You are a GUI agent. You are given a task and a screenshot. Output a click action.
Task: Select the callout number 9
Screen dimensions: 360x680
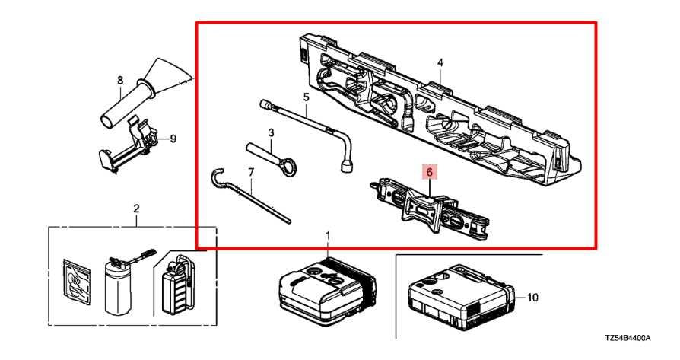[173, 139]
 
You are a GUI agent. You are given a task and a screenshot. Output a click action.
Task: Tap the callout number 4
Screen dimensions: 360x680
[440, 62]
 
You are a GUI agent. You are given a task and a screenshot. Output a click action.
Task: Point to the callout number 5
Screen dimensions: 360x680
[306, 97]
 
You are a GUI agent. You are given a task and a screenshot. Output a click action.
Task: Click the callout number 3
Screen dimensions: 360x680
[270, 133]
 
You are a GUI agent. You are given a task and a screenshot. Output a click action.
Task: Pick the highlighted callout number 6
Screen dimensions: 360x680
[429, 173]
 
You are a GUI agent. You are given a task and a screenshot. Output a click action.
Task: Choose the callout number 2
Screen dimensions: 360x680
[136, 209]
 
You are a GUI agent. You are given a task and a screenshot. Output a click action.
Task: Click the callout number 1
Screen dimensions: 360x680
[328, 236]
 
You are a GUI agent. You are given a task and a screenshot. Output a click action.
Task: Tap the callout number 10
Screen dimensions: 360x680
[532, 298]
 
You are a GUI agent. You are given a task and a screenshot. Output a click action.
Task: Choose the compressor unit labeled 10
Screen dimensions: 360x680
[461, 298]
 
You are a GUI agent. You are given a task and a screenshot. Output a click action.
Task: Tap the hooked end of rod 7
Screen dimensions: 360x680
[216, 177]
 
